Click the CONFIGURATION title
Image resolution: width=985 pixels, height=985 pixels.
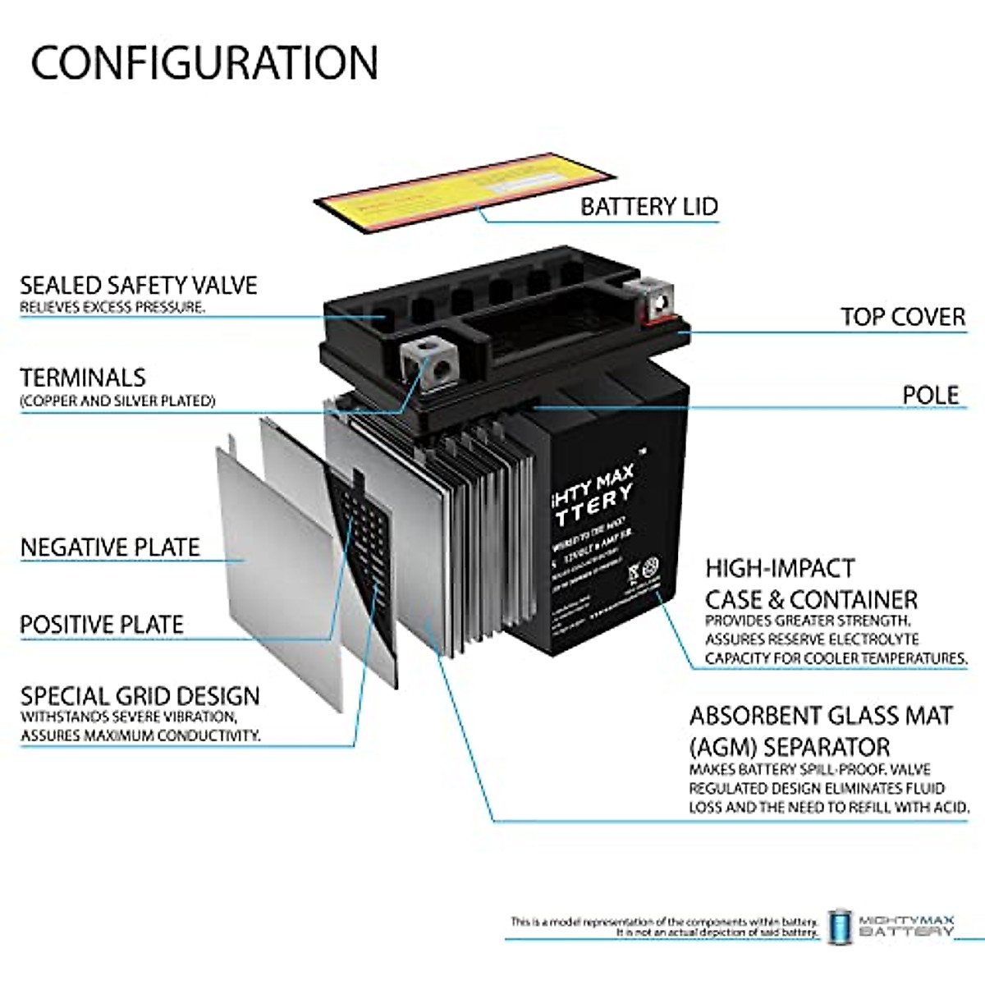click(204, 62)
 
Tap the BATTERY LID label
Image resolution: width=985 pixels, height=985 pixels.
click(648, 206)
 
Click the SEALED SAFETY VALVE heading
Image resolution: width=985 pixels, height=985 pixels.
click(138, 285)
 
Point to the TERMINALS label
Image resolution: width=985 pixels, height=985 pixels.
click(82, 378)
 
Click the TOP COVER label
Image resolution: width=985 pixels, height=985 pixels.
click(902, 317)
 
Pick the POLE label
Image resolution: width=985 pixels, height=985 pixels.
click(930, 395)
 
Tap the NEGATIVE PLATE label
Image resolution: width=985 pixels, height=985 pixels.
click(110, 547)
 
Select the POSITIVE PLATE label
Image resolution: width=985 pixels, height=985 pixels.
click(102, 625)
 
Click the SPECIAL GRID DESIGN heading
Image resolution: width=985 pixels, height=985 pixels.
click(140, 696)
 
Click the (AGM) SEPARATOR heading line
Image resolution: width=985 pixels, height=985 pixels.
click(790, 747)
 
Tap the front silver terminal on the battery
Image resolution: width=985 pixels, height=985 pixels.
click(428, 360)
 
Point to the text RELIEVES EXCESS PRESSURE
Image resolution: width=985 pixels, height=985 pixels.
click(112, 307)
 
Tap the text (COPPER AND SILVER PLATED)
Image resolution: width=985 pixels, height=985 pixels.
click(117, 401)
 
